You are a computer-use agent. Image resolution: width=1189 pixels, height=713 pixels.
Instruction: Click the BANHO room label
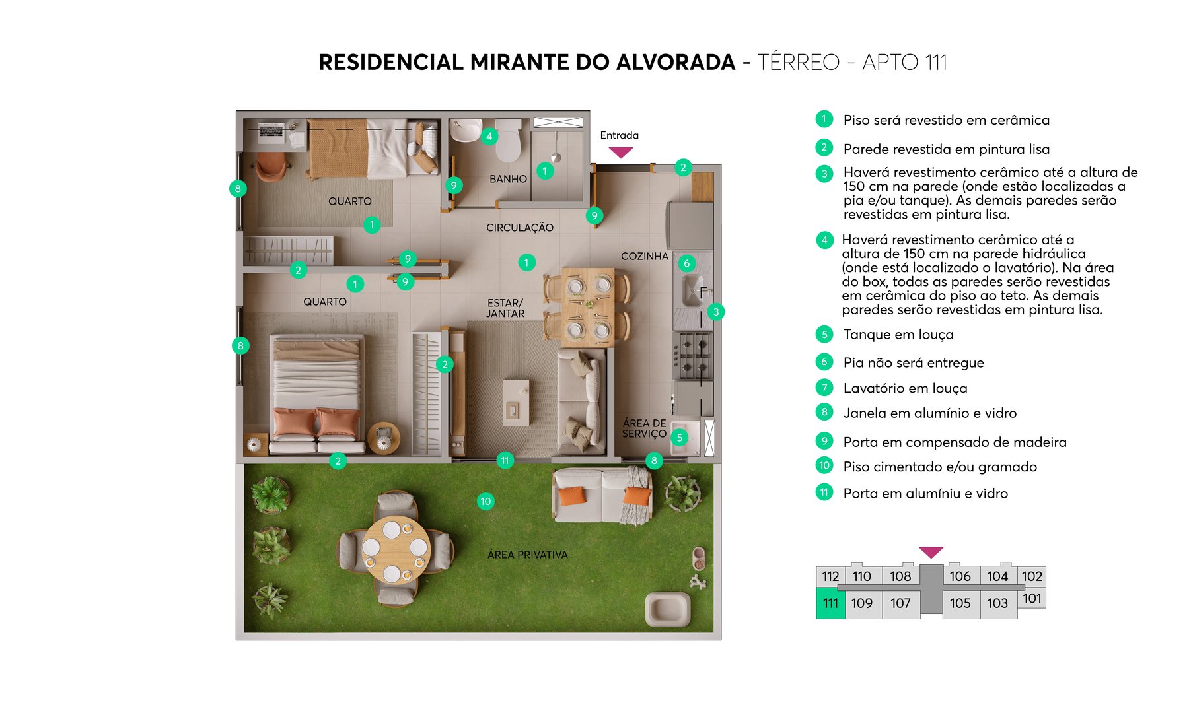coord(508,179)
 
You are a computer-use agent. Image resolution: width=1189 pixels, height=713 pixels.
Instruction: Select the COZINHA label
coord(644,256)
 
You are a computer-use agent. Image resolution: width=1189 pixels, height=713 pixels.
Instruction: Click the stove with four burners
coord(693,356)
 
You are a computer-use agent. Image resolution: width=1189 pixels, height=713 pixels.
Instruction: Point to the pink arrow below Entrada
coord(620,153)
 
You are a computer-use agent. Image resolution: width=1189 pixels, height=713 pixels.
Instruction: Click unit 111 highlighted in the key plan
coord(830,603)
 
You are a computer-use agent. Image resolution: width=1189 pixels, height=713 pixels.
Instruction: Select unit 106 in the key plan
coord(960,576)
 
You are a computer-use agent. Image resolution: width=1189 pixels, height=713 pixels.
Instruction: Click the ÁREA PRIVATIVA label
coord(527,555)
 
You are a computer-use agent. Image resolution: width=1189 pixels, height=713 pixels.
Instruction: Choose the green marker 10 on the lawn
coord(486,502)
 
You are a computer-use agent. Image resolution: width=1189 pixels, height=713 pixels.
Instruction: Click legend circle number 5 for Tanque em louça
coord(824,334)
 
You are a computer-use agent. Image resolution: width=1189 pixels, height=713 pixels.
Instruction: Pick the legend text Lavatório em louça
coord(905,388)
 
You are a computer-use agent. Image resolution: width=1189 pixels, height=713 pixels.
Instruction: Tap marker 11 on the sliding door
coord(505,461)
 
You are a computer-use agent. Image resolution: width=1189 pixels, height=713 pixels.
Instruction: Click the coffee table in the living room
coord(515,401)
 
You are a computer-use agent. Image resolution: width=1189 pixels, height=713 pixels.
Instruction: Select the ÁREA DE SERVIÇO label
coord(644,428)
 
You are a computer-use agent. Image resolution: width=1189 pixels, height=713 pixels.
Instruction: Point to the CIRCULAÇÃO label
coord(520,228)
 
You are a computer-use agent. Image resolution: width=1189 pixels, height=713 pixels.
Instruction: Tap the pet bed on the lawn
coord(667,609)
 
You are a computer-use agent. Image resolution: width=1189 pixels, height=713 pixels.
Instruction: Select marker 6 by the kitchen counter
coord(686,263)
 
